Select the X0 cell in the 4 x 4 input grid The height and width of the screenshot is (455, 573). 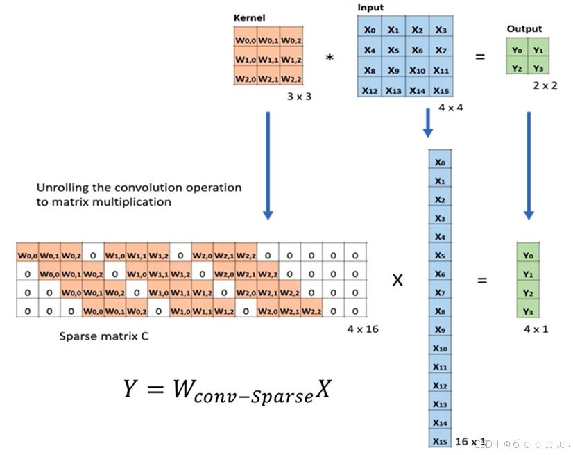tap(370, 30)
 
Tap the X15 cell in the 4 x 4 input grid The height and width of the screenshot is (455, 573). tap(441, 90)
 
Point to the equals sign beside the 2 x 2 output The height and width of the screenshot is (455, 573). tap(479, 57)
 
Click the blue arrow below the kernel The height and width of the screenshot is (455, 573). tap(268, 167)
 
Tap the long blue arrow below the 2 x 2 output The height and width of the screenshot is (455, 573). tap(529, 167)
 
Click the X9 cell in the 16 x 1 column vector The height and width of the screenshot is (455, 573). tap(440, 329)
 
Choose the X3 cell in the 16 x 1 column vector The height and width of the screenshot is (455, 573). tap(440, 218)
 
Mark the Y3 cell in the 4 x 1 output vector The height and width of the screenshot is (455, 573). tap(527, 311)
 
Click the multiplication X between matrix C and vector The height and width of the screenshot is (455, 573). tap(398, 281)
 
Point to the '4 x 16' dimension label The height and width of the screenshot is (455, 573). tap(363, 329)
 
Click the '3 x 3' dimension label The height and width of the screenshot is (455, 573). tap(299, 97)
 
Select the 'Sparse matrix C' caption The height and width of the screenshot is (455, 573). tap(103, 336)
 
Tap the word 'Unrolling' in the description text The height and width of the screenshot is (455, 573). tap(60, 188)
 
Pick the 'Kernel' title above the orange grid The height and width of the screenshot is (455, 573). tap(250, 16)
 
